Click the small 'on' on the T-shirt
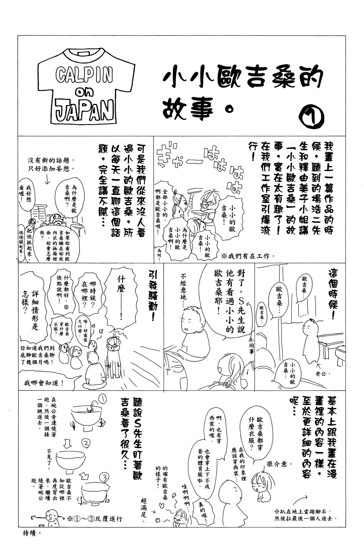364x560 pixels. [x=83, y=93]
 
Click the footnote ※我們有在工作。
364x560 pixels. [x=248, y=256]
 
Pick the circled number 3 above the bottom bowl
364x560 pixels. [x=104, y=478]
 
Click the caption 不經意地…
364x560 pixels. [x=183, y=290]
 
